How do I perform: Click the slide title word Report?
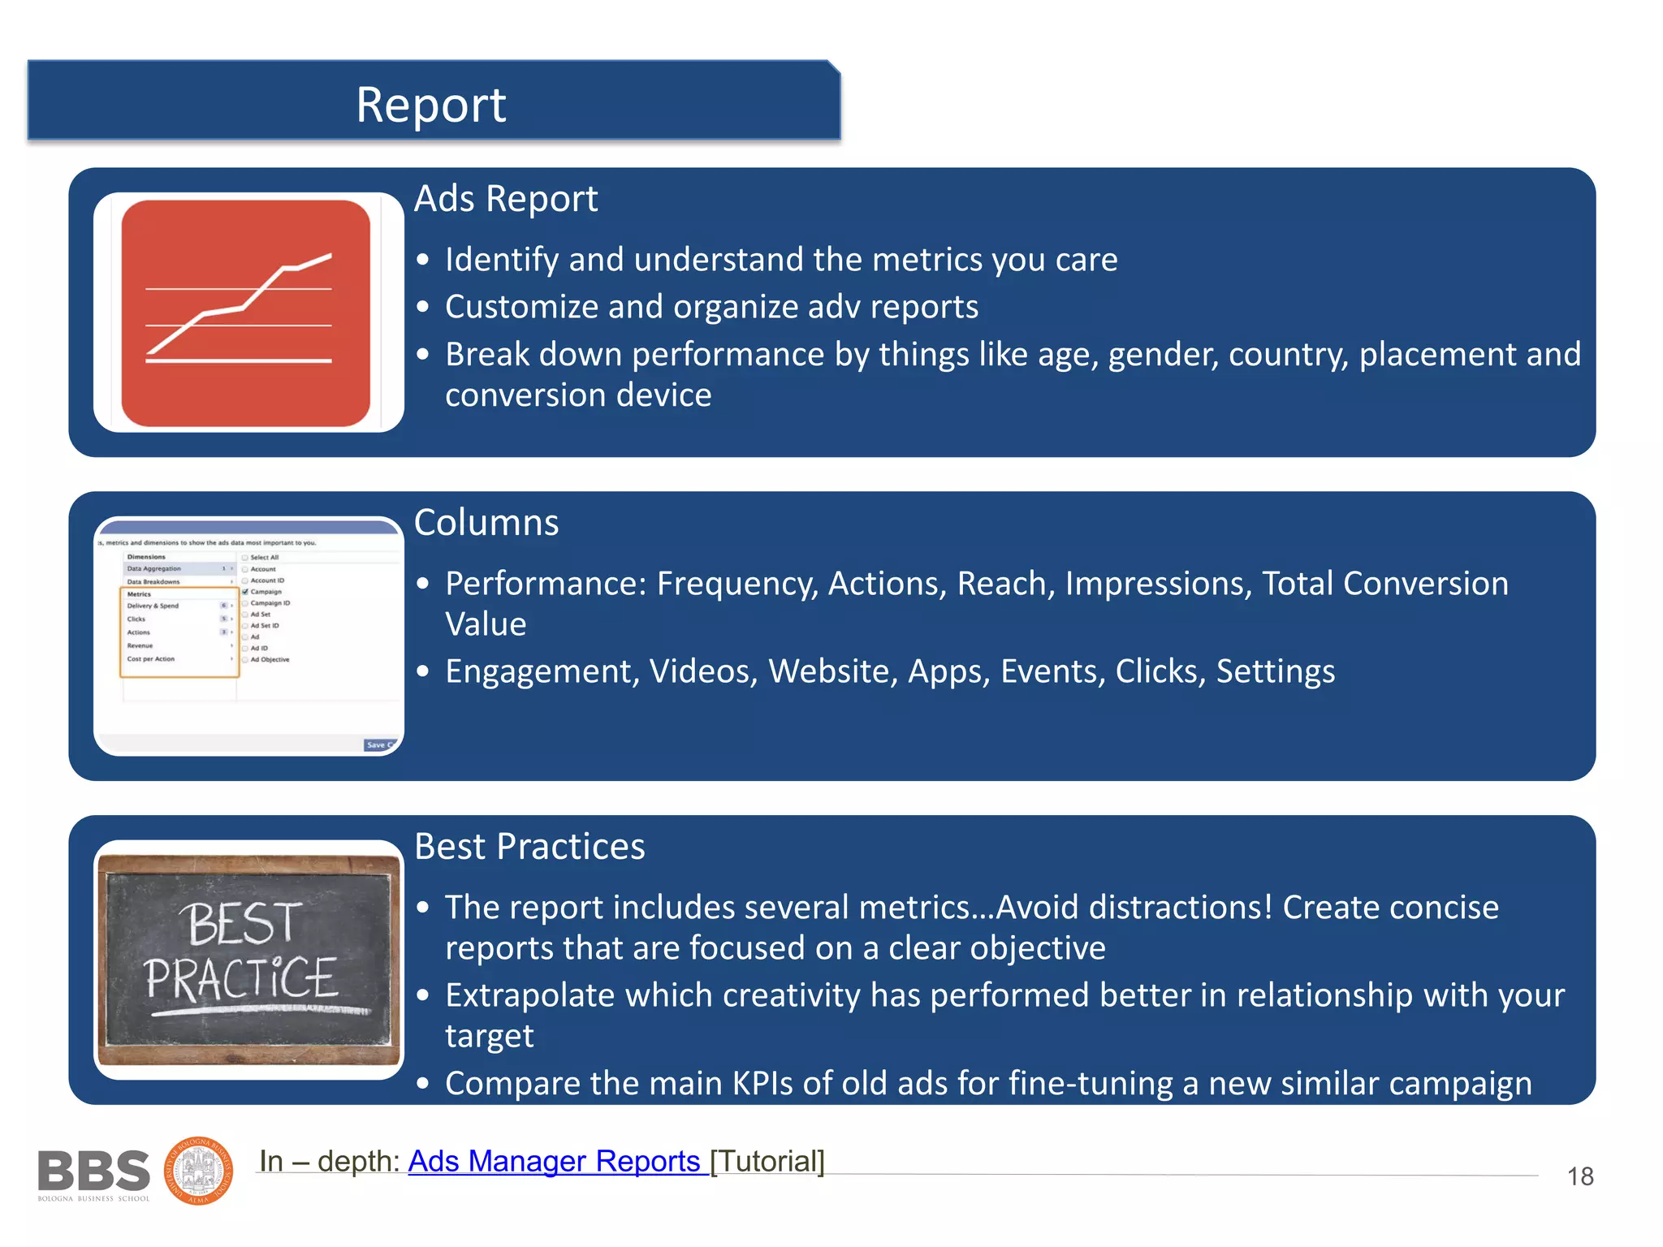pyautogui.click(x=430, y=105)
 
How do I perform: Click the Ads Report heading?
pyautogui.click(x=505, y=199)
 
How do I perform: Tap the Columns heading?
pyautogui.click(x=486, y=523)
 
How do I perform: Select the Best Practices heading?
pyautogui.click(x=529, y=847)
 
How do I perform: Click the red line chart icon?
pyautogui.click(x=246, y=313)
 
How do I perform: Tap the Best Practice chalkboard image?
pyautogui.click(x=248, y=960)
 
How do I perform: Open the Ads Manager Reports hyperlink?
pyautogui.click(x=555, y=1161)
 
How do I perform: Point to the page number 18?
pyautogui.click(x=1579, y=1176)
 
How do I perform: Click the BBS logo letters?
pyautogui.click(x=93, y=1171)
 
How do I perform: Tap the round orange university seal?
pyautogui.click(x=199, y=1171)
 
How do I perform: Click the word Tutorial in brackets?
pyautogui.click(x=767, y=1161)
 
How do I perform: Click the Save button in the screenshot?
pyautogui.click(x=376, y=744)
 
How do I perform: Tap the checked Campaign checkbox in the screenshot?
pyautogui.click(x=245, y=592)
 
